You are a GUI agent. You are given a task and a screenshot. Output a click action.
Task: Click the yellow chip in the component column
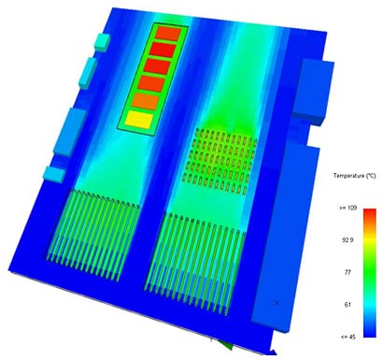click(x=137, y=120)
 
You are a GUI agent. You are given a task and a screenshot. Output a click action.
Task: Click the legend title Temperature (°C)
click(x=354, y=176)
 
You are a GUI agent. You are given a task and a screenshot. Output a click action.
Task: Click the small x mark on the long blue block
click(x=277, y=302)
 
